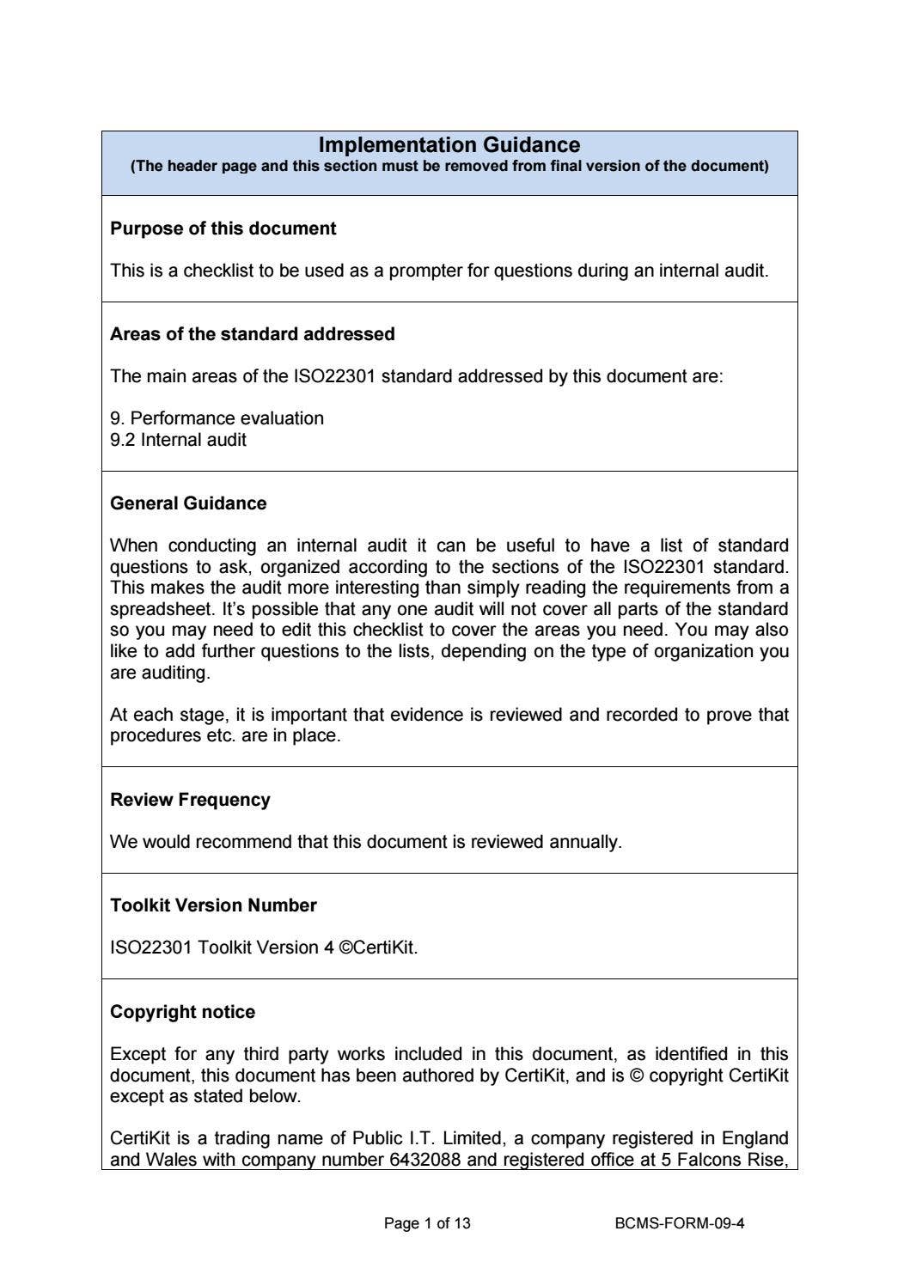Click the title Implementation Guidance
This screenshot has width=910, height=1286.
coord(449,145)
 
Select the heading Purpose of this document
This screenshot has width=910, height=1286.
coord(223,229)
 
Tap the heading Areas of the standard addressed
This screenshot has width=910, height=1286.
coord(253,334)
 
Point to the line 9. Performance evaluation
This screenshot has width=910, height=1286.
coord(217,418)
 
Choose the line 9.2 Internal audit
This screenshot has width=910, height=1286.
coord(178,440)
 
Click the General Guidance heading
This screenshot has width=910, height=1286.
coord(188,503)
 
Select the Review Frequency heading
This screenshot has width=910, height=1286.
coord(190,800)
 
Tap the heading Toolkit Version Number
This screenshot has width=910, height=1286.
coord(213,905)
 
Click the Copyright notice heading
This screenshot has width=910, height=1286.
coord(182,1012)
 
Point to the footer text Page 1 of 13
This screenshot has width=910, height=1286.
coord(427,1223)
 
